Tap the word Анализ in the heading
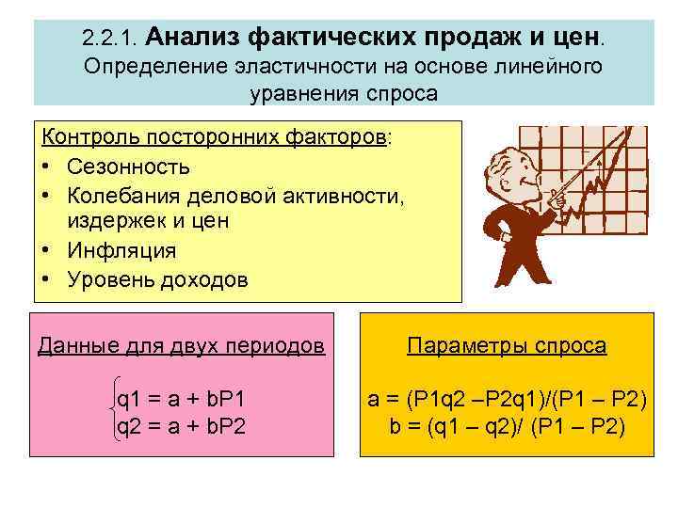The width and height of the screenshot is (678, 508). [194, 37]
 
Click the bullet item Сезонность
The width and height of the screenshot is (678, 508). [128, 167]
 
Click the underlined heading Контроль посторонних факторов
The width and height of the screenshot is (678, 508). [215, 139]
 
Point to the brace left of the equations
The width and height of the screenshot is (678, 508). [108, 415]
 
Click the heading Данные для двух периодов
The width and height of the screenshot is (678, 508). [182, 345]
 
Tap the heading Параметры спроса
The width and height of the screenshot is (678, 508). [507, 345]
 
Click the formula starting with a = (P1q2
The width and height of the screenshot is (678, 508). [507, 402]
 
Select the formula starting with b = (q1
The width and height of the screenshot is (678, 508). [507, 427]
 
